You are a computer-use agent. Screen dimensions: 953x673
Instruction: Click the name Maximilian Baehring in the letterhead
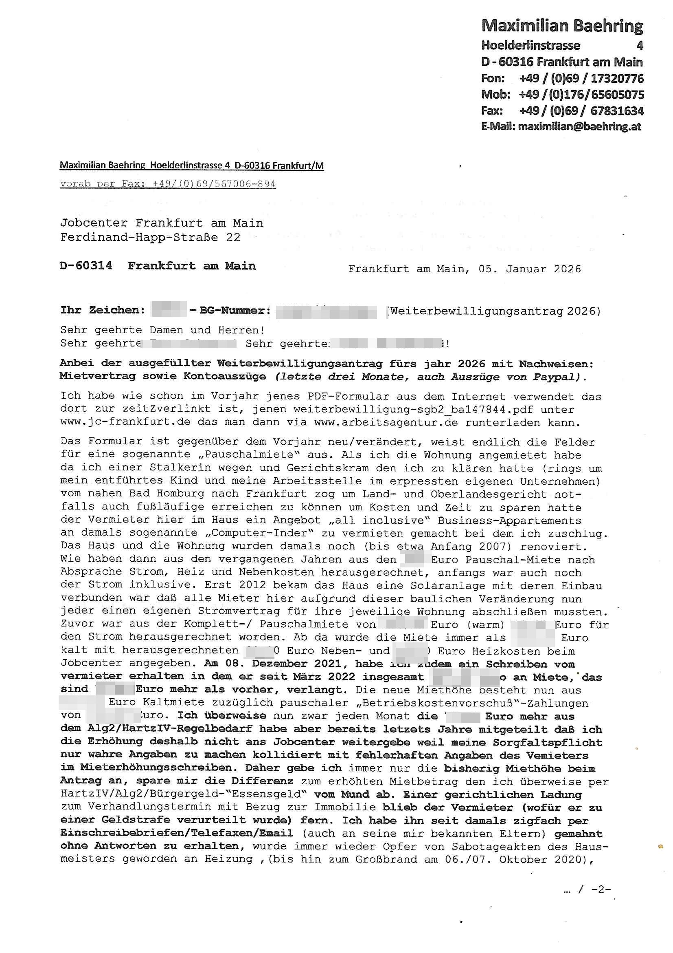coord(562,26)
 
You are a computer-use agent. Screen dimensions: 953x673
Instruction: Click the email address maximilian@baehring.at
coord(579,126)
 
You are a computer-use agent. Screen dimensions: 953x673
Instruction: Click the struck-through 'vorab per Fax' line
coord(167,184)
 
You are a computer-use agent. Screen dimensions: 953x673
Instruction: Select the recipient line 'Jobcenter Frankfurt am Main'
coord(162,223)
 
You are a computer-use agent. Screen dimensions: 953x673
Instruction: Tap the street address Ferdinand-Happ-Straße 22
coord(150,237)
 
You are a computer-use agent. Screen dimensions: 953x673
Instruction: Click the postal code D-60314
coord(86,266)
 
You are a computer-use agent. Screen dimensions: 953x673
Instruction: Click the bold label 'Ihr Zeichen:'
coord(103,310)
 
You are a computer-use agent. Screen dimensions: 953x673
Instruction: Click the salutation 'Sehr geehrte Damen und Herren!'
coord(162,330)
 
